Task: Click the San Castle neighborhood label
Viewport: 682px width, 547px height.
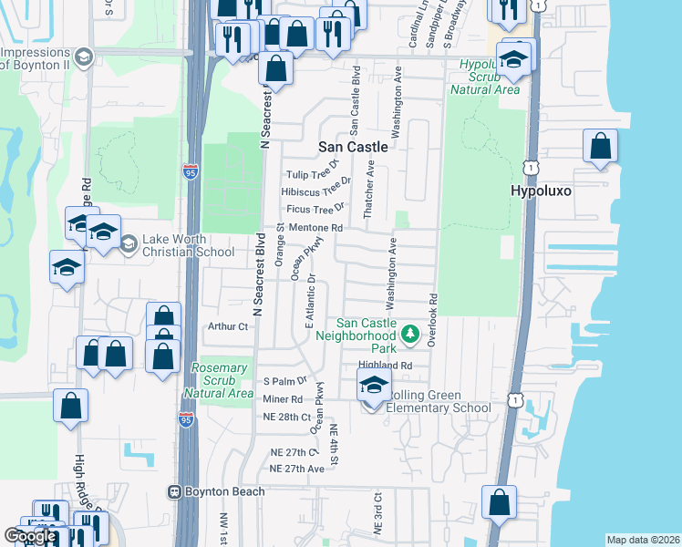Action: pos(352,146)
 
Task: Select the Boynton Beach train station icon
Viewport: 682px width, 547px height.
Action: pos(174,492)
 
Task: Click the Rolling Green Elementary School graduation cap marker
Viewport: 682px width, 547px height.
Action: pos(374,386)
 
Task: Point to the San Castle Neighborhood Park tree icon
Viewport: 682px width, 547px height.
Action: pos(410,334)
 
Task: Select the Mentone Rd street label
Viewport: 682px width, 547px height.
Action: pos(316,228)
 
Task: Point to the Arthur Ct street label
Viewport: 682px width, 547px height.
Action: pos(228,326)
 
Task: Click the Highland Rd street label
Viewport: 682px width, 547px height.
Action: pos(386,365)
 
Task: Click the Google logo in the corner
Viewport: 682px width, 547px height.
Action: pos(30,537)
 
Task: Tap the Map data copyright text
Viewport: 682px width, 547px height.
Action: pos(643,540)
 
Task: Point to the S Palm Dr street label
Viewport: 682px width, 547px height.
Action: pos(285,380)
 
